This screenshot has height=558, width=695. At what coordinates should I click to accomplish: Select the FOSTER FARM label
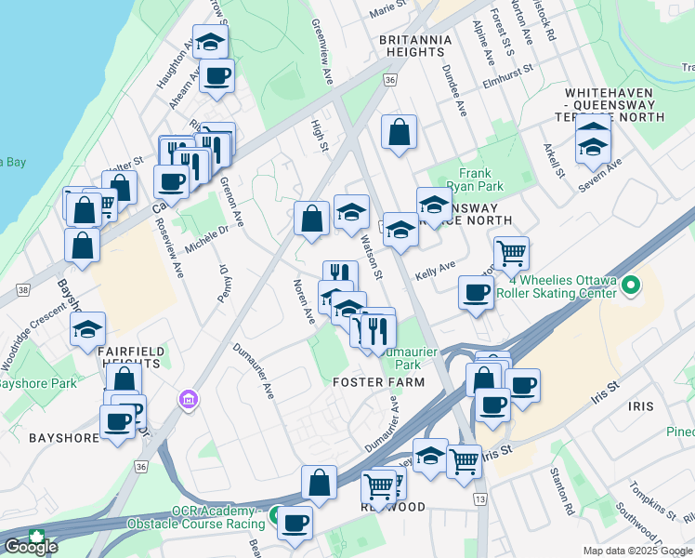(x=379, y=382)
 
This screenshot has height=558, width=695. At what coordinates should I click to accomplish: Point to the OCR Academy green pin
(x=276, y=514)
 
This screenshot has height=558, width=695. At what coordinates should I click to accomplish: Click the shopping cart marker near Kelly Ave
(x=511, y=252)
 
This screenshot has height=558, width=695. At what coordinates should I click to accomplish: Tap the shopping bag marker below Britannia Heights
(x=399, y=132)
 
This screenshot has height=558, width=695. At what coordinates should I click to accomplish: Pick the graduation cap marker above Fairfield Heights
(x=88, y=328)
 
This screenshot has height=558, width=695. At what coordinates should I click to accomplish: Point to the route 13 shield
(x=479, y=500)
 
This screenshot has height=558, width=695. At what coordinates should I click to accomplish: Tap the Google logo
(x=31, y=546)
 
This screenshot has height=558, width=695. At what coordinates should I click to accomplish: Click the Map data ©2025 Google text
(x=636, y=551)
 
